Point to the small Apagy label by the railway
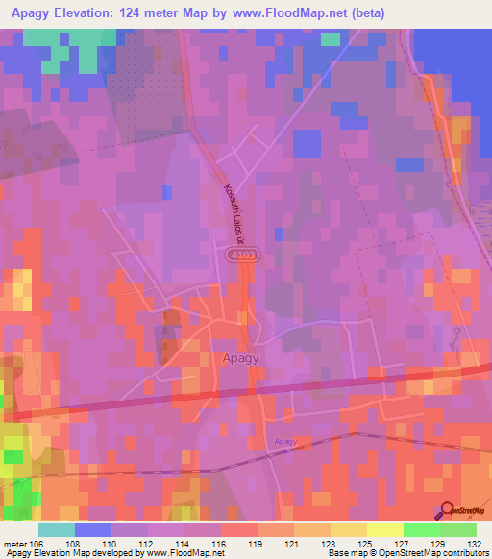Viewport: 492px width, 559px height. click(x=286, y=441)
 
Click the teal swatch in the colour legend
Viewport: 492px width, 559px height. click(x=57, y=528)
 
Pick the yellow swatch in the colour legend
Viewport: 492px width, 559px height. click(x=384, y=528)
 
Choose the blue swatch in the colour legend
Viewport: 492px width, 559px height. click(x=93, y=528)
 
